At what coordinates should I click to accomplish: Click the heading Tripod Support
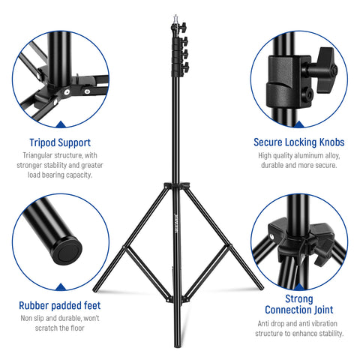(x=60, y=142)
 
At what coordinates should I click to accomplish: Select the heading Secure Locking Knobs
(x=299, y=142)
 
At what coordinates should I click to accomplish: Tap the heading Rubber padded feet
(x=60, y=305)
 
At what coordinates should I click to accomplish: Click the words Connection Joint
(x=299, y=310)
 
